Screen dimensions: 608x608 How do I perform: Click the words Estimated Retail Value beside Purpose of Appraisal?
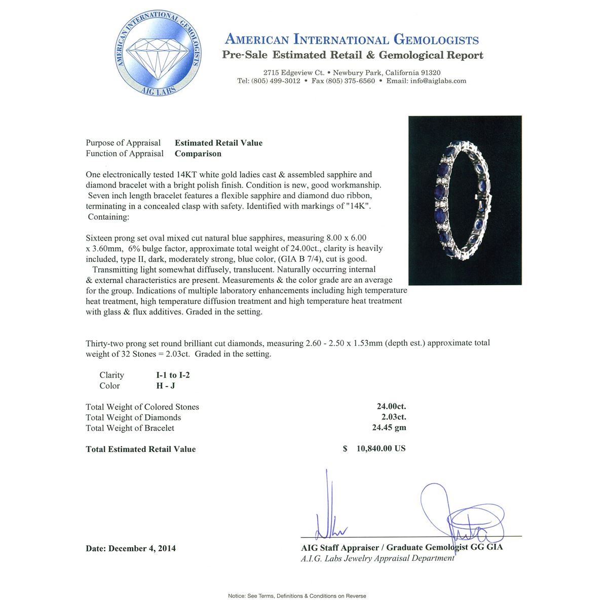tap(218, 143)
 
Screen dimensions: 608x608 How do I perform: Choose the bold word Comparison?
tap(198, 154)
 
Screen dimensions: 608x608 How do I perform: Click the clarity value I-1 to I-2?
tap(173, 375)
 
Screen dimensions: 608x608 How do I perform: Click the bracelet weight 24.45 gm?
tap(389, 428)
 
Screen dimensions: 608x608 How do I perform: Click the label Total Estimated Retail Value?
tap(141, 449)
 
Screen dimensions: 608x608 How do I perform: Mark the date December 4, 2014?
tap(142, 548)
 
